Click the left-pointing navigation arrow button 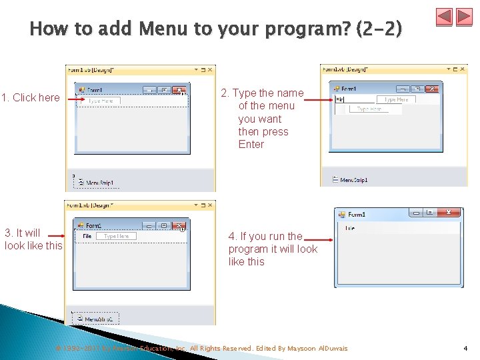(445, 17)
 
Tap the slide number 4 (465, 348)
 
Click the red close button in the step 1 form (179, 90)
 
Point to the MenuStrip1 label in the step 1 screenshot (99, 181)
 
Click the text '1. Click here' (31, 98)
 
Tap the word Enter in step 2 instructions (251, 144)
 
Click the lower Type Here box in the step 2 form (369, 109)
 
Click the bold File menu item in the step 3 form (87, 236)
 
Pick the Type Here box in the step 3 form (116, 236)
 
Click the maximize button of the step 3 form (164, 225)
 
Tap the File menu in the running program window (350, 228)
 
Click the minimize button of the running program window (417, 213)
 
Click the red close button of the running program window (450, 213)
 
